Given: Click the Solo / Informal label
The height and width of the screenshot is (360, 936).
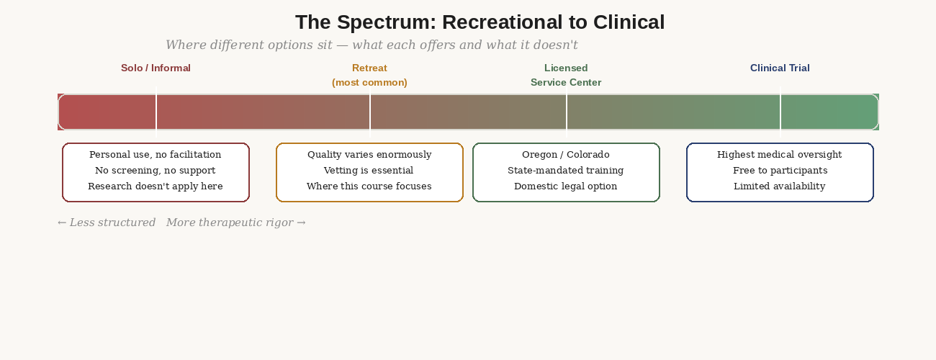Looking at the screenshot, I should [156, 68].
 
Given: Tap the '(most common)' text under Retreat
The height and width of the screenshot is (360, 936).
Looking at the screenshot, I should [369, 83].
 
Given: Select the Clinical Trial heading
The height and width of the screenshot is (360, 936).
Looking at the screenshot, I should [780, 68].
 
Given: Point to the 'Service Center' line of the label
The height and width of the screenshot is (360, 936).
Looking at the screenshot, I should [566, 83].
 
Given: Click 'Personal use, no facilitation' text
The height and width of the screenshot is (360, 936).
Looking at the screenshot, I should [156, 155].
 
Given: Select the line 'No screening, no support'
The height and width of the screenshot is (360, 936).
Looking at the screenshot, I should [156, 171].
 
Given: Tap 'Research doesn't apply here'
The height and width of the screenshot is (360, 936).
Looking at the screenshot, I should [156, 186].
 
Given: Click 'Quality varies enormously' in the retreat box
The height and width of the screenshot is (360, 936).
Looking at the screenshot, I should [369, 155].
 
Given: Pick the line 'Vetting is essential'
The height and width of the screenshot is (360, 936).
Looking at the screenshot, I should [369, 171].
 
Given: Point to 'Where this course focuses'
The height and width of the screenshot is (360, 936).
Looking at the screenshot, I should [369, 186].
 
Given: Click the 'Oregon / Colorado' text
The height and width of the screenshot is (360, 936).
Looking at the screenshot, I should [566, 155].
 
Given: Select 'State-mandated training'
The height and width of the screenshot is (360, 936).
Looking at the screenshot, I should [566, 171].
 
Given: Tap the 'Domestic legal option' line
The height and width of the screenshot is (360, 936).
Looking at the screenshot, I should [566, 186].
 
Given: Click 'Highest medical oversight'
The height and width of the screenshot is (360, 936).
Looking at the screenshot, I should [780, 155].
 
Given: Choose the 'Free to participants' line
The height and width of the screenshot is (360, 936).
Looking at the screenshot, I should [780, 171].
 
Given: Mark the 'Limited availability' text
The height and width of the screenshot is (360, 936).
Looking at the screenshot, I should [780, 186].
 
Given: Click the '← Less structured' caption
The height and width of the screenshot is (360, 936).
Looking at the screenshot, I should [107, 223].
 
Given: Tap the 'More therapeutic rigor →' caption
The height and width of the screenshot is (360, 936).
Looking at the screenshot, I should [236, 223].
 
